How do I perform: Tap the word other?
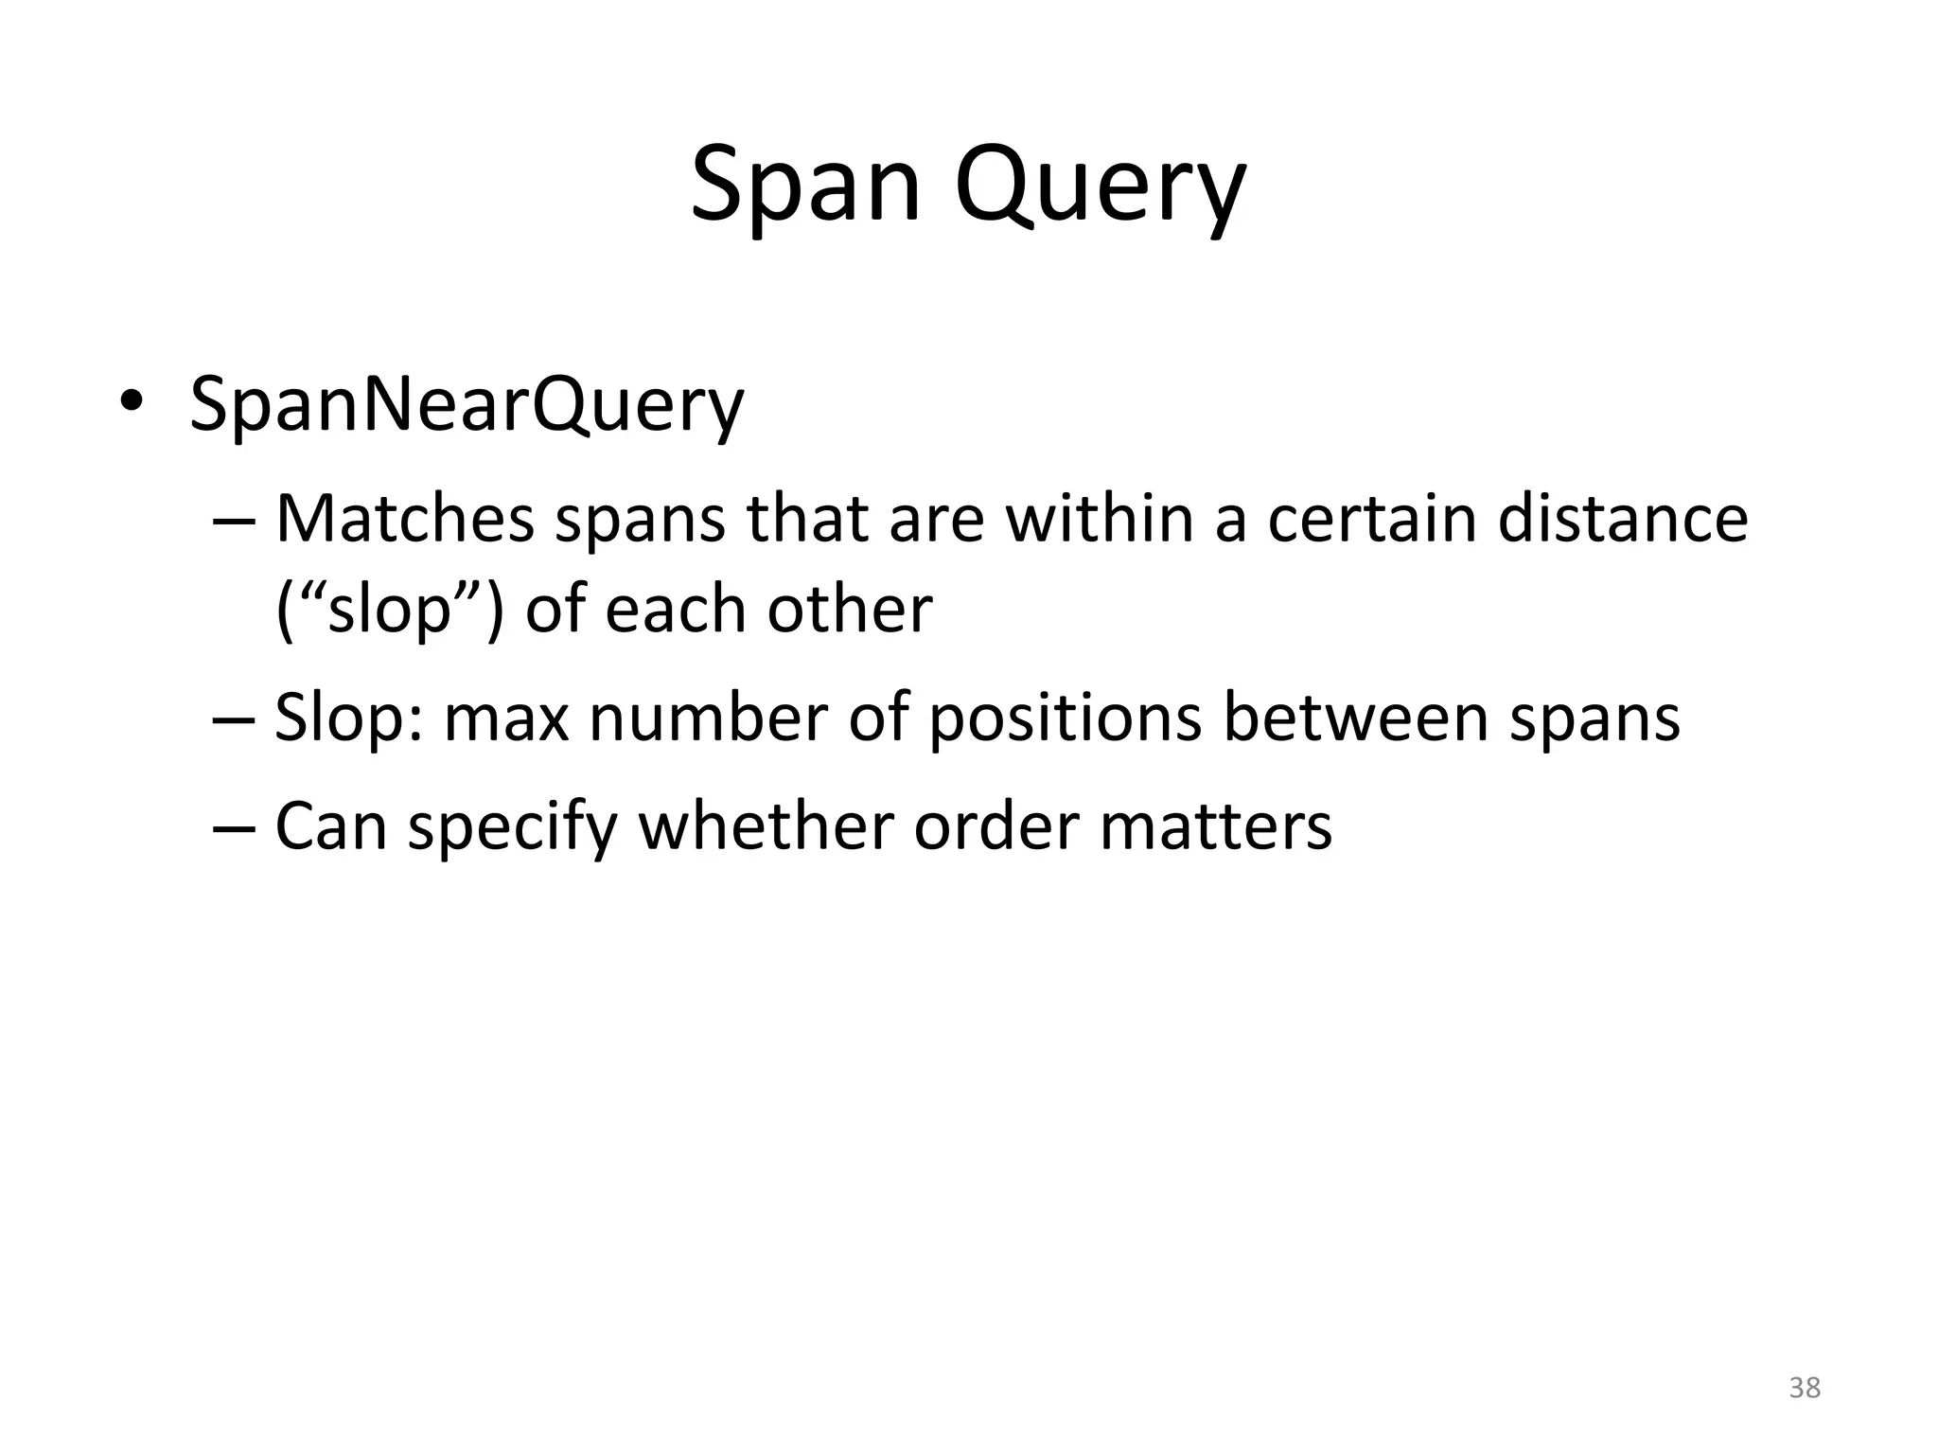[849, 609]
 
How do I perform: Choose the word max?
[506, 719]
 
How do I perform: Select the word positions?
[1065, 719]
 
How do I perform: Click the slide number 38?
[1805, 1388]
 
